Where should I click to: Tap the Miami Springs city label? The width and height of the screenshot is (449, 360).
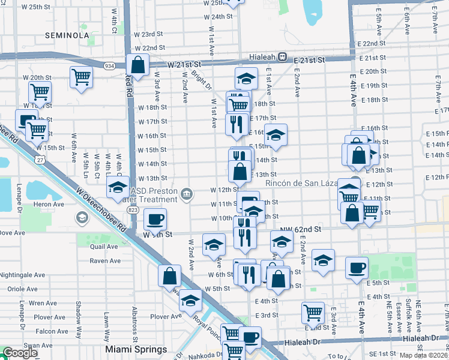136,349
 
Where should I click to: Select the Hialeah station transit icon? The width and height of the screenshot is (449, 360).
282,56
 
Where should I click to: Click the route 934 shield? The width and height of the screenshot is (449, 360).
109,65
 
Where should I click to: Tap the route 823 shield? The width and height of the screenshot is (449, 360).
133,210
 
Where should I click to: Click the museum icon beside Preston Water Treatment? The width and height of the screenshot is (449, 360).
187,193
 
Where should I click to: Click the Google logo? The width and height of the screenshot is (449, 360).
20,353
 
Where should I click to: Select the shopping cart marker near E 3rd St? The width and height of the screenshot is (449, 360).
313,313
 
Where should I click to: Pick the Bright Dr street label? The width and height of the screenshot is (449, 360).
201,80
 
